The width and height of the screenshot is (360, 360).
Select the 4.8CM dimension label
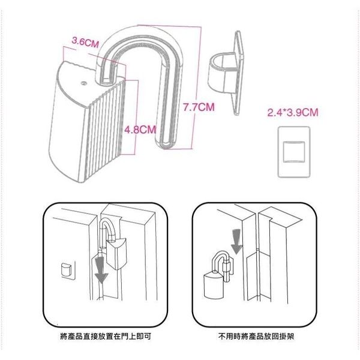140,129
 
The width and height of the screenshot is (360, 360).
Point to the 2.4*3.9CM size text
292,112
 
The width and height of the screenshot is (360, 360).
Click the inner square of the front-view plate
292,151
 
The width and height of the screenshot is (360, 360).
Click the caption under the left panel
105,337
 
